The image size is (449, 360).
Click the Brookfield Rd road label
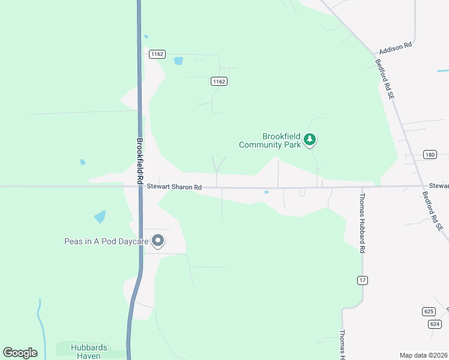[x=140, y=161]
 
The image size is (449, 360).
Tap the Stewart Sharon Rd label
[x=174, y=188]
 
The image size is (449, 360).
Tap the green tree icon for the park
[x=310, y=140]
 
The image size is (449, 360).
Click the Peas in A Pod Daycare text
[x=107, y=242]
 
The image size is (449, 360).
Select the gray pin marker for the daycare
[x=158, y=241]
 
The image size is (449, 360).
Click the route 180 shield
[x=429, y=155]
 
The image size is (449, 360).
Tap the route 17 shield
[x=362, y=280]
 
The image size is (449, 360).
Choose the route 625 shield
[x=428, y=311]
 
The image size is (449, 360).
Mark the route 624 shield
[x=435, y=323]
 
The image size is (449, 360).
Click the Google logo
[x=20, y=352]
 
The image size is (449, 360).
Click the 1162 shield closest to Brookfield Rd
[x=157, y=54]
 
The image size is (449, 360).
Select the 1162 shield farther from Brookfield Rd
[x=219, y=81]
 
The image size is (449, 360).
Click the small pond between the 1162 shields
[x=178, y=61]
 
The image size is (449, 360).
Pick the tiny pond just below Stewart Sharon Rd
[x=266, y=193]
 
